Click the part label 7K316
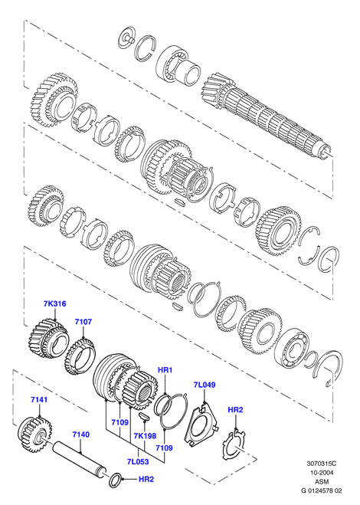tap(54, 303)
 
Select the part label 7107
tap(83, 321)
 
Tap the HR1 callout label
tap(165, 370)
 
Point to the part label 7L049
tap(205, 385)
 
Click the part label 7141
tap(39, 400)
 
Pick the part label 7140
tap(81, 434)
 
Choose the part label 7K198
tap(145, 436)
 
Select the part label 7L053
tap(138, 461)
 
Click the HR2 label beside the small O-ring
tap(146, 479)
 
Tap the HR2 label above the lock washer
tap(235, 410)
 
